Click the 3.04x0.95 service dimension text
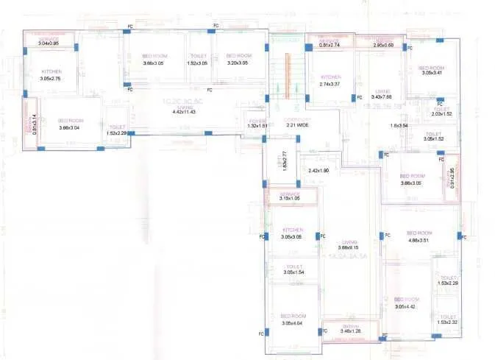click(49, 43)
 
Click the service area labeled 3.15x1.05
click(291, 198)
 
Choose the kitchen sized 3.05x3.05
click(291, 236)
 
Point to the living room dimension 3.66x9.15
click(349, 247)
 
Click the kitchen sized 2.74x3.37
click(331, 84)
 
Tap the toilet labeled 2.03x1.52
click(442, 114)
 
